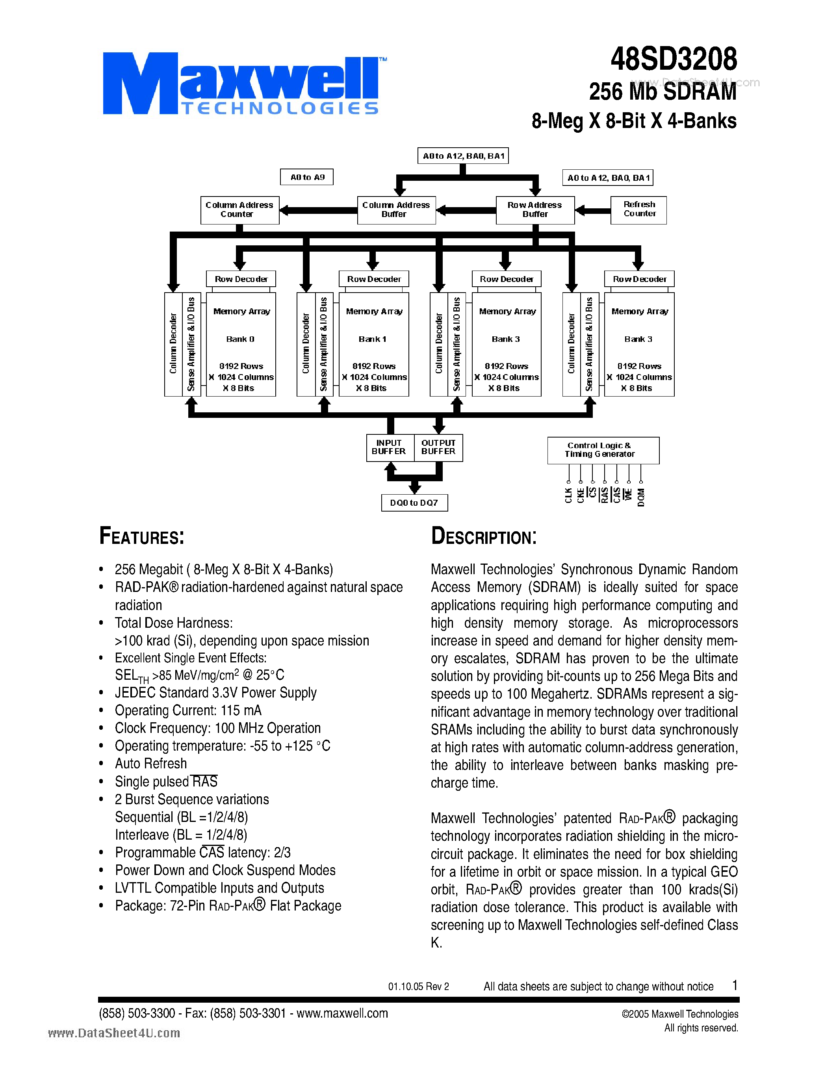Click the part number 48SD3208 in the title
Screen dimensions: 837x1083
674,59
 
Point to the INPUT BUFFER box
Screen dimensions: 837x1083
389,447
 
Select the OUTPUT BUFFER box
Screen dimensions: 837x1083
438,447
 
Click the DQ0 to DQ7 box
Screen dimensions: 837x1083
414,503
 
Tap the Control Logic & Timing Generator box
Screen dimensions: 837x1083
603,450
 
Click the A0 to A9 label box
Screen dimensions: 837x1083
307,177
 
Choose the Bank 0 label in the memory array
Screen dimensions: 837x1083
241,339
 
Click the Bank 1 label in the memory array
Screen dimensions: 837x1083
373,339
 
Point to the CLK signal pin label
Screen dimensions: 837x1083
568,495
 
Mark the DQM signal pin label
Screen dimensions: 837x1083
641,497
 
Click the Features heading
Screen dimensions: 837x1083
142,536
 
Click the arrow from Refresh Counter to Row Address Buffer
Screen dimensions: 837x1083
592,211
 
